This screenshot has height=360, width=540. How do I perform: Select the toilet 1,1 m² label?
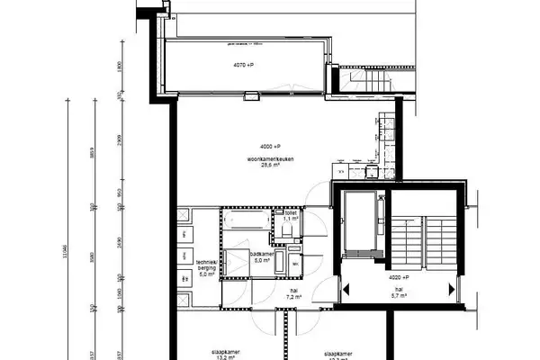[x=291, y=216]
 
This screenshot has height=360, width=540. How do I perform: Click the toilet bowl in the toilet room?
[x=285, y=230]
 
